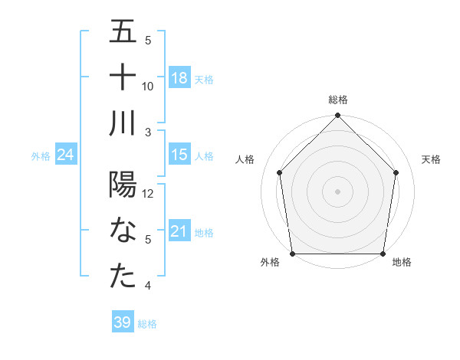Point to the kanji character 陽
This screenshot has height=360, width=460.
coord(123,185)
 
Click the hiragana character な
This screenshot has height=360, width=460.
coord(123,231)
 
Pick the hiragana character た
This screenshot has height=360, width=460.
coord(123,277)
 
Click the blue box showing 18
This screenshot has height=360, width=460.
coord(179,77)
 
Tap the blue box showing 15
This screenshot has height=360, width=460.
coord(179,154)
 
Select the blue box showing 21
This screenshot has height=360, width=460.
coord(179,231)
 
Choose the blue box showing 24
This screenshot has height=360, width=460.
coord(65,154)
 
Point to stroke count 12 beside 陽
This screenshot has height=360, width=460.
coord(149,194)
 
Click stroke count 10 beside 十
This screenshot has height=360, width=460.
coord(149,87)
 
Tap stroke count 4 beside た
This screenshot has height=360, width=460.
coord(149,286)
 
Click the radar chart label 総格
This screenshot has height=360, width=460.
coord(338,100)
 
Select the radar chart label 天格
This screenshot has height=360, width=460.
coord(431,159)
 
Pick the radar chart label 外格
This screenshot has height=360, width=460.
coord(270,263)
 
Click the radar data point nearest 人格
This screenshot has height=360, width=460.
coord(280,172)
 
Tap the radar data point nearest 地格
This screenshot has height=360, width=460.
coord(383,254)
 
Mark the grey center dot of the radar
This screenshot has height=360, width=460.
coord(338,191)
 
